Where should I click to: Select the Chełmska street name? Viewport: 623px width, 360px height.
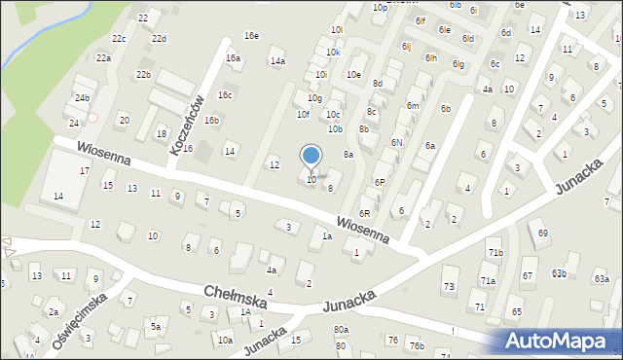coord(235,296)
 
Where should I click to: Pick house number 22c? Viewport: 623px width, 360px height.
coord(118,38)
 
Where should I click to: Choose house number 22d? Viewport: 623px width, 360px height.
coord(159,38)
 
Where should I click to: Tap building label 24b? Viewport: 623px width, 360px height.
coord(83,98)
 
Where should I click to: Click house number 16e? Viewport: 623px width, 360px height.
coord(251,36)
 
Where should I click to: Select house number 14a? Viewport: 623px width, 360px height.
coord(277,61)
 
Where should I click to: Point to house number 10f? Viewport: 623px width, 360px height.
coord(303,114)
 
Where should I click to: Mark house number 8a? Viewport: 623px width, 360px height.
coord(348,154)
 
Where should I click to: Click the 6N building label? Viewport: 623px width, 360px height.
coord(396,142)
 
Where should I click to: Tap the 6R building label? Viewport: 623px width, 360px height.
coord(365,213)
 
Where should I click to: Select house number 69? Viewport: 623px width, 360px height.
coord(543,233)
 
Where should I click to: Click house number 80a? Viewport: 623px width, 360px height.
coord(340,330)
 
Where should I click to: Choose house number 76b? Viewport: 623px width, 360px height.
coord(417,345)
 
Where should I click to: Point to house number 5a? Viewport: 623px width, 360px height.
coord(154,326)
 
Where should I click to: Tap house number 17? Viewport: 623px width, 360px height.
coord(85,170)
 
